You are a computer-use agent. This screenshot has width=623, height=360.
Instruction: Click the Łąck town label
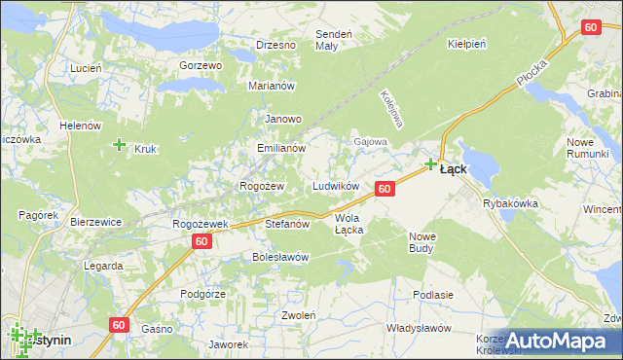coord(453,168)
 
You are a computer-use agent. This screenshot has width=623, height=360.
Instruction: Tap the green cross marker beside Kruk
coord(119,145)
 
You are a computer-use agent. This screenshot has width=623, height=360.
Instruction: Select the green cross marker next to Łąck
coord(430,164)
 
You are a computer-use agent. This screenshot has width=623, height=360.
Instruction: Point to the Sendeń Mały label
coord(326,40)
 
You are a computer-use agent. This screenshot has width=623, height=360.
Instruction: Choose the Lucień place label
coord(87,68)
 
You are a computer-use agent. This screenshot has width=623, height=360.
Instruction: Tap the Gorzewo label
coord(202,65)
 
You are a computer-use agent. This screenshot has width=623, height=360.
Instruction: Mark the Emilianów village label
coord(281,149)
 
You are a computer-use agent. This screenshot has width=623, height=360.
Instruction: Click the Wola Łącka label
coord(348,224)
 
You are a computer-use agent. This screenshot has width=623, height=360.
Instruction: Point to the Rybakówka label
coord(510,203)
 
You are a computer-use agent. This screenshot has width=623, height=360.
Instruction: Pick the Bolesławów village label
coord(280,257)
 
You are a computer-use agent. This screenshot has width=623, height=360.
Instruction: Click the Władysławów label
coord(416,328)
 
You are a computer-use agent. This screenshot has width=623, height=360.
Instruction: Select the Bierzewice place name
coord(95,222)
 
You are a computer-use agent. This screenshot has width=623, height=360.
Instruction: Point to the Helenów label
coord(81,126)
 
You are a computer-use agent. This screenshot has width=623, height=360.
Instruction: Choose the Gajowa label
coord(371,141)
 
